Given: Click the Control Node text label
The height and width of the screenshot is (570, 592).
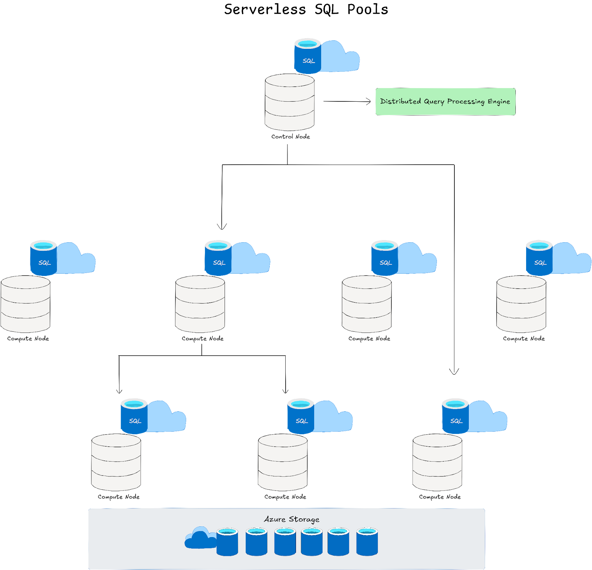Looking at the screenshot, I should point(290,136).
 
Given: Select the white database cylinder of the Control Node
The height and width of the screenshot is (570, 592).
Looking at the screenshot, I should point(290,102).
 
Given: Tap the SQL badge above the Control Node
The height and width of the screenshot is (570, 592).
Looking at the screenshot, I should point(307,56).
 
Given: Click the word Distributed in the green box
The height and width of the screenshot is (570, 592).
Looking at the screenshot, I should point(400,101).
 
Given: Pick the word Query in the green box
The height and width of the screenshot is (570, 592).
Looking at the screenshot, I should point(434,102).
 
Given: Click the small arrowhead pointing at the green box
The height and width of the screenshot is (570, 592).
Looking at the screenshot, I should point(368,101).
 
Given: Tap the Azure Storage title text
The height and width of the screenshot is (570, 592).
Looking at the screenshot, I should point(292,519).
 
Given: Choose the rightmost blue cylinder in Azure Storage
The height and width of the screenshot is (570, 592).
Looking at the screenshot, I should point(367,542).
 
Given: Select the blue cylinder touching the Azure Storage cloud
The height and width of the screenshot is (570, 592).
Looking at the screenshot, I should point(227,542).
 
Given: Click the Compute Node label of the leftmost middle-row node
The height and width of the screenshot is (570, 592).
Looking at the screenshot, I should point(28,338).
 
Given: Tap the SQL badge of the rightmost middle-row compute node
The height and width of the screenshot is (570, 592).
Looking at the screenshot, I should point(539,258).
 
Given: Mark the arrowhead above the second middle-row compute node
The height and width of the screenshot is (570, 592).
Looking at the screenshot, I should point(222,226).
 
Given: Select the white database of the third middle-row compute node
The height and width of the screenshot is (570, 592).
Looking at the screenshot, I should point(367,304).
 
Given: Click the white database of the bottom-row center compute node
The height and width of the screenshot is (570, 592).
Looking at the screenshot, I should point(283,462).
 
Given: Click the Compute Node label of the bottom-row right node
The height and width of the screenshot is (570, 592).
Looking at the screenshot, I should point(440,497).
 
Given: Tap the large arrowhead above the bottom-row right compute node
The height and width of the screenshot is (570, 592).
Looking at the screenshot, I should point(454,371).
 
